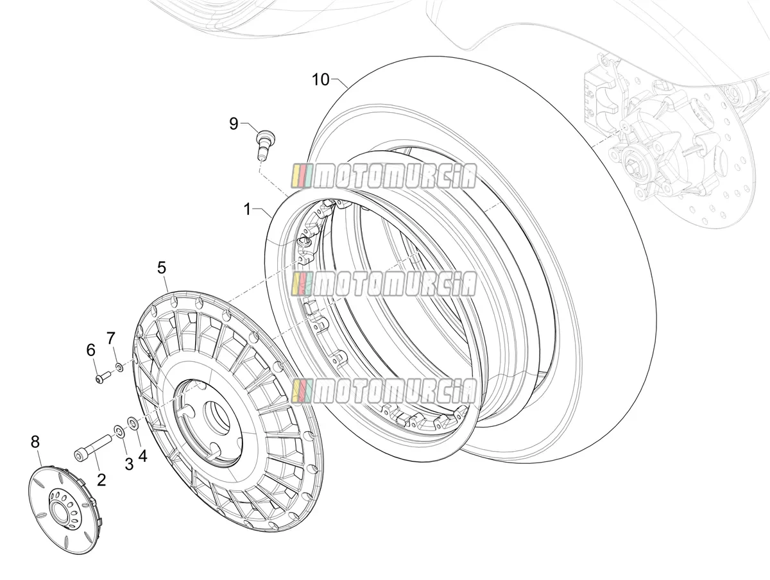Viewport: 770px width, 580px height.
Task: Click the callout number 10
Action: pyautogui.click(x=321, y=80)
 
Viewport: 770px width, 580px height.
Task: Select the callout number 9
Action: pyautogui.click(x=234, y=124)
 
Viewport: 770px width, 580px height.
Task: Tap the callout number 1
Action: pyautogui.click(x=247, y=210)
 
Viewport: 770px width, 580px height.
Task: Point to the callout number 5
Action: pyautogui.click(x=161, y=268)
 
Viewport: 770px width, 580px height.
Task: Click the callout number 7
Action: pyautogui.click(x=111, y=338)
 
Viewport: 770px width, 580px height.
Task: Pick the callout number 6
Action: pyautogui.click(x=91, y=350)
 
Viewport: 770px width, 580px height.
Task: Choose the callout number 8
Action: pyautogui.click(x=35, y=442)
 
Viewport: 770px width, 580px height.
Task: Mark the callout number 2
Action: pyautogui.click(x=101, y=480)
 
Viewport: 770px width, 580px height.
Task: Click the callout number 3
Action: pyautogui.click(x=129, y=465)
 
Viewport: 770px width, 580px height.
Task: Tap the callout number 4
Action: pyautogui.click(x=143, y=456)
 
